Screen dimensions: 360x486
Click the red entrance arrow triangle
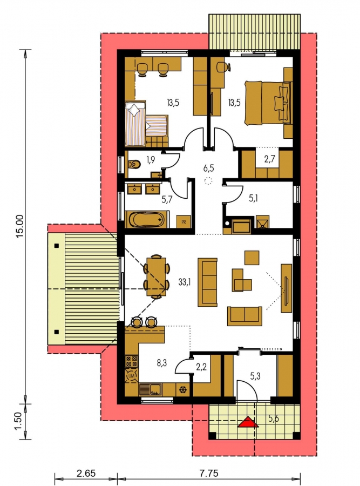pos(248,422)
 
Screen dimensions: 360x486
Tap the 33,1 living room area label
pos(185,282)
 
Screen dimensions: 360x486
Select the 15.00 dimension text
pos(19,227)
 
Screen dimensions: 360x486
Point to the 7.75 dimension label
pos(208,473)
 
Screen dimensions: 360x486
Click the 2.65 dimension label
pos(86,473)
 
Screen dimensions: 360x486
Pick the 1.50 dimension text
pos(19,421)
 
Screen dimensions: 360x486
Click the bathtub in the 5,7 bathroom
pos(147,220)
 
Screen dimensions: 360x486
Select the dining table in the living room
pos(156,276)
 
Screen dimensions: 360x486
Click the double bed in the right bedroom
pos(268,103)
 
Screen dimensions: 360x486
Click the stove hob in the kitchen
pos(131,361)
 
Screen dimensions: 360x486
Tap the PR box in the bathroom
pos(184,222)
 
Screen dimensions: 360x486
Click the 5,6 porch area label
pos(273,418)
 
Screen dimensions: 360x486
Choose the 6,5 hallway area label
pos(208,168)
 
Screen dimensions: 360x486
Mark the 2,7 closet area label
pos(269,160)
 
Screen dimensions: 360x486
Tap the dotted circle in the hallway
pos(208,181)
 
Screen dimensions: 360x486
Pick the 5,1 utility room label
pos(254,198)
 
